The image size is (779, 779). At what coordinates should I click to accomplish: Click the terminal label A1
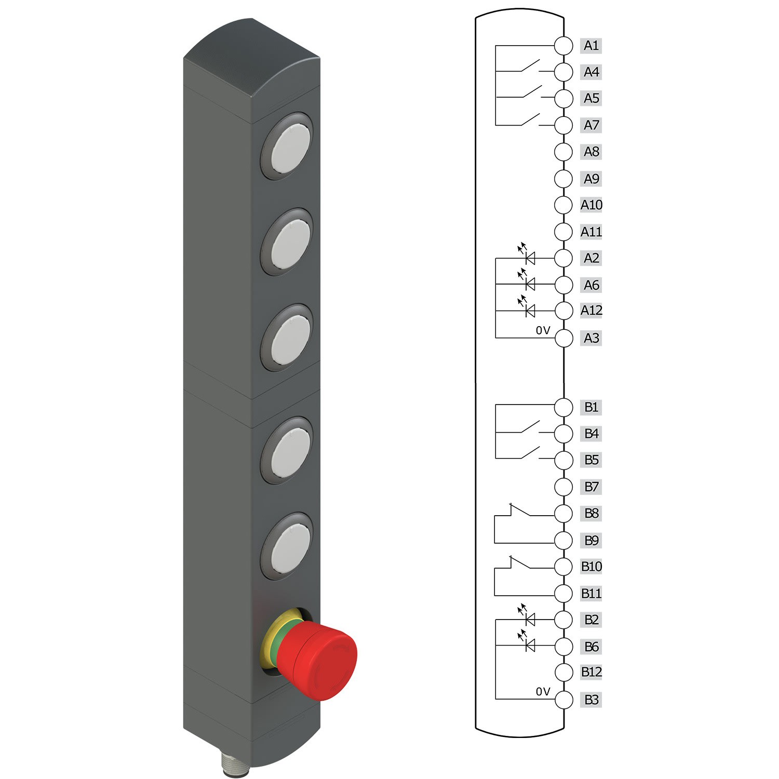591,46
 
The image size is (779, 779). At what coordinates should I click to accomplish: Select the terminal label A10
591,205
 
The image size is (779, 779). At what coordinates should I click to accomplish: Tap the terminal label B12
591,672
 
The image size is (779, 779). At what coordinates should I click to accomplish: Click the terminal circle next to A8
563,152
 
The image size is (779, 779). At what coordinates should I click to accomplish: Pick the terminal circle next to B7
563,487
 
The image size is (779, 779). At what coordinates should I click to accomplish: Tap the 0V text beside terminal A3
543,330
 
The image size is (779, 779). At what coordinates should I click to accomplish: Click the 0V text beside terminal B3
543,692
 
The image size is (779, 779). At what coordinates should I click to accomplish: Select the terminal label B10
591,567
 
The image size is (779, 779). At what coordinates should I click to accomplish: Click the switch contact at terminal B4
530,427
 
